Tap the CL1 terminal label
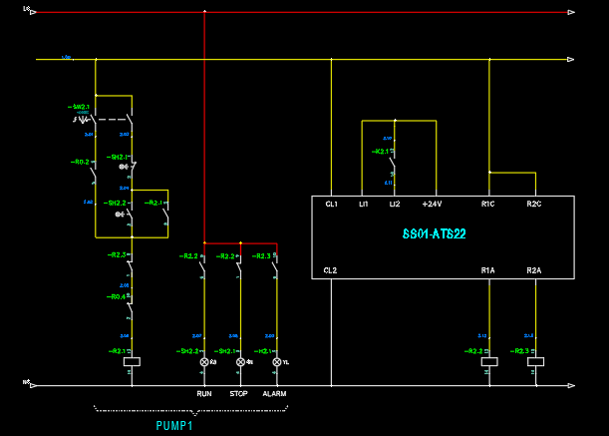click(x=331, y=205)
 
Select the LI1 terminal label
click(x=364, y=205)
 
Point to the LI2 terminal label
click(x=395, y=205)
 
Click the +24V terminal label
click(x=432, y=205)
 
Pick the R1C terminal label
click(x=488, y=205)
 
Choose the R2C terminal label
click(x=534, y=205)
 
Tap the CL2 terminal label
click(x=331, y=270)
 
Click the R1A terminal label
click(x=488, y=270)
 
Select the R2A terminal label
click(x=534, y=270)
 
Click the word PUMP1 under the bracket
click(x=174, y=426)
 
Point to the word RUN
click(x=204, y=394)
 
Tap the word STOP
click(x=239, y=394)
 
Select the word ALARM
click(x=274, y=394)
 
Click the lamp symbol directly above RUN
click(x=204, y=362)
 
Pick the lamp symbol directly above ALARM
click(x=276, y=362)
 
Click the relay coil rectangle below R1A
click(x=489, y=362)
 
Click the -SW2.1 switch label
click(x=79, y=106)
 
